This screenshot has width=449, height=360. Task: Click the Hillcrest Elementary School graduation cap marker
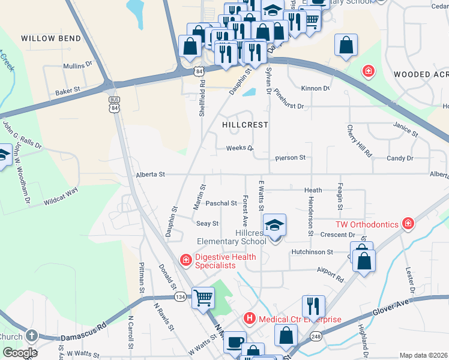point(275,226)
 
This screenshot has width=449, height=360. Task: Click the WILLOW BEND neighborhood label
point(51,38)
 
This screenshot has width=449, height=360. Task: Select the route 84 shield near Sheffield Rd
point(199,71)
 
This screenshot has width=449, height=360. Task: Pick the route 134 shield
point(179,297)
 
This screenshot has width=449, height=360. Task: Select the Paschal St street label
point(221,203)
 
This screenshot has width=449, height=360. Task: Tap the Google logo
point(19,353)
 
